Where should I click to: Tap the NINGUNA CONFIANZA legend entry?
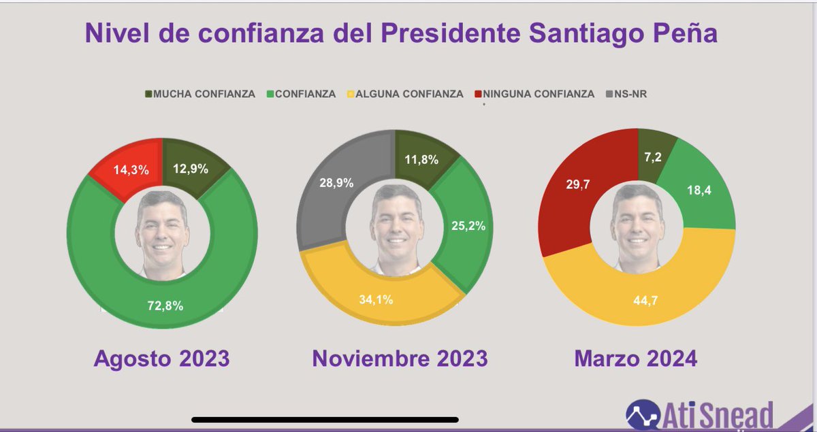click(x=539, y=94)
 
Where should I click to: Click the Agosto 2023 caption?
click(x=161, y=358)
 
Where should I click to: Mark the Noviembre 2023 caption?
click(x=400, y=358)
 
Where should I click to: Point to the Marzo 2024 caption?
click(x=636, y=358)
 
